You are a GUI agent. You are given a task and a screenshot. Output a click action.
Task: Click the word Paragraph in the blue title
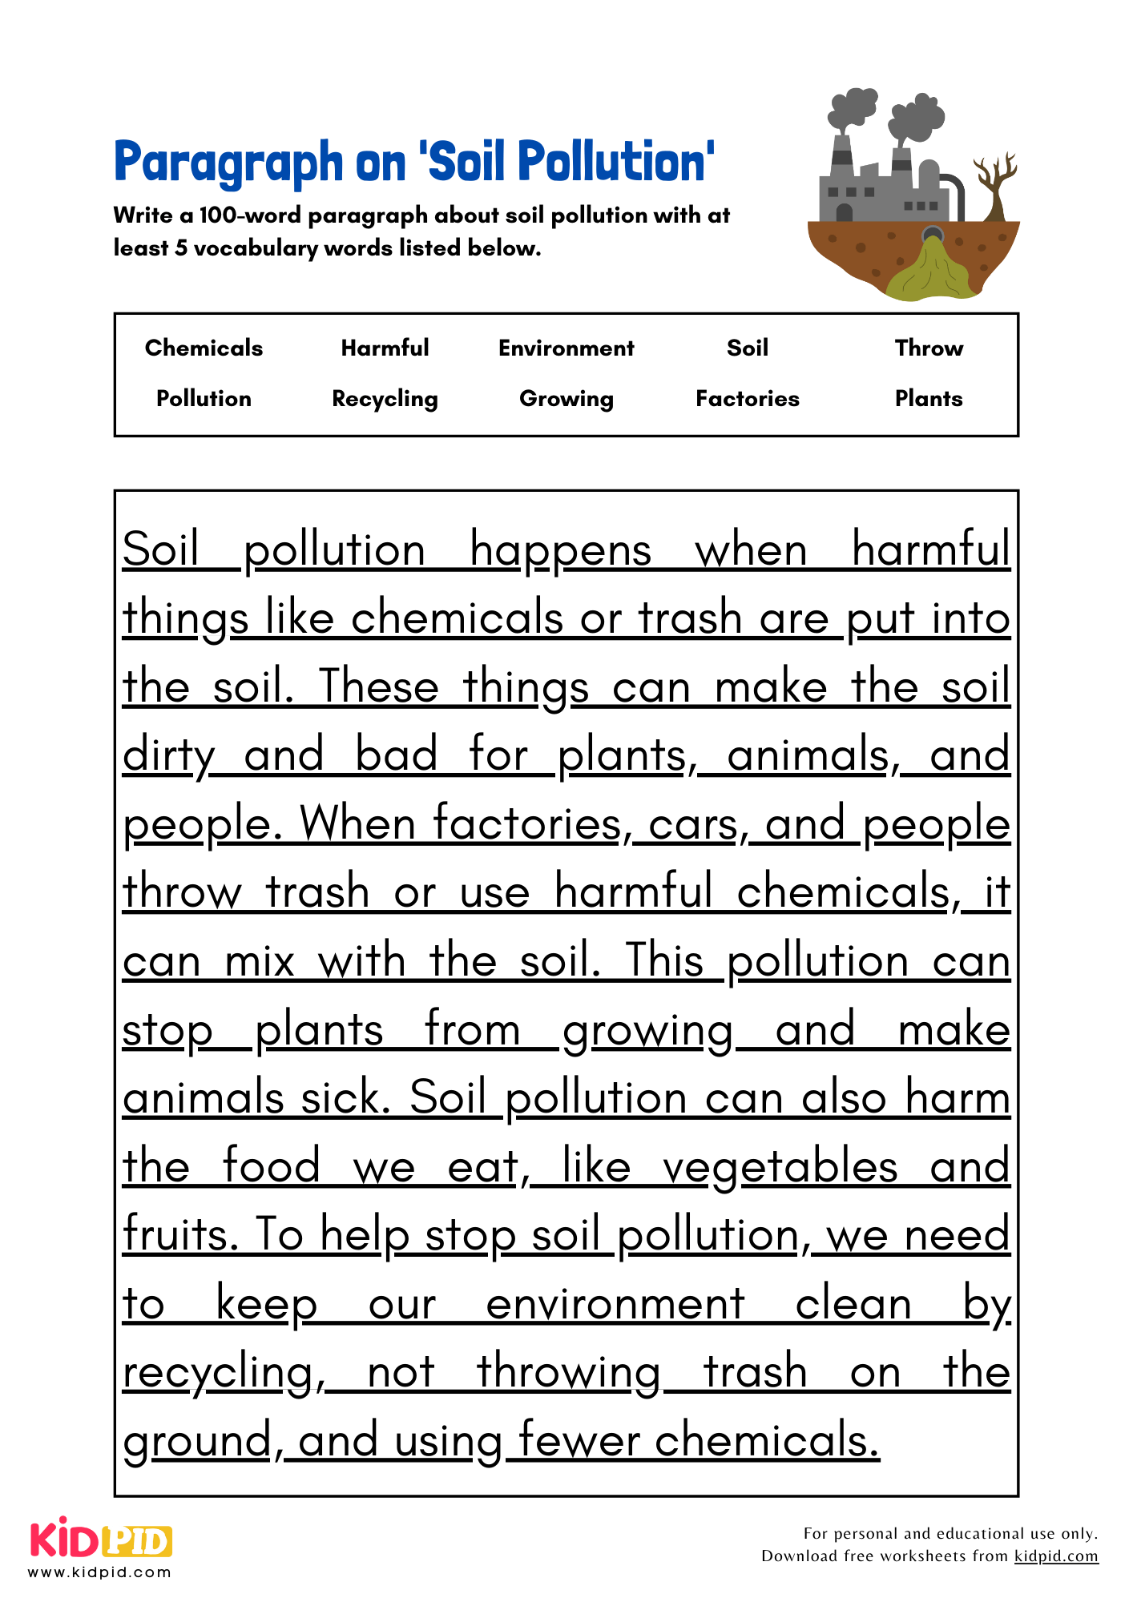[228, 163]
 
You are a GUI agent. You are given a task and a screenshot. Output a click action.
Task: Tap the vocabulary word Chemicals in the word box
[204, 348]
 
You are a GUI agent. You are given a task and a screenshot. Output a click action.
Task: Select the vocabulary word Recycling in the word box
[385, 399]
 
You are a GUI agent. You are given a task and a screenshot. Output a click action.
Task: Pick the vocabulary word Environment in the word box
[566, 348]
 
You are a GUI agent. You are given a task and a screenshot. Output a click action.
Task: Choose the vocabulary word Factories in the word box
[747, 399]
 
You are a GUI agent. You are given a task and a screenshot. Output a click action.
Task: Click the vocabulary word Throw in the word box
[929, 348]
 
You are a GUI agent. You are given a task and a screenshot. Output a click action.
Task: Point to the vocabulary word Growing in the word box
[566, 399]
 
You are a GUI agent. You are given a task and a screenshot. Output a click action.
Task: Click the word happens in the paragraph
[560, 551]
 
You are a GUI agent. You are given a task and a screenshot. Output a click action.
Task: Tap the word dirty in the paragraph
[168, 756]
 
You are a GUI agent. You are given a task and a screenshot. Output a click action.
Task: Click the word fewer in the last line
[578, 1441]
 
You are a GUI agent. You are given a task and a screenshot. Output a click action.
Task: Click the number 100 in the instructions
[216, 215]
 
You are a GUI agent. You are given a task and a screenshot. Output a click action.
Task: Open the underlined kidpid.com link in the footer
[1055, 1556]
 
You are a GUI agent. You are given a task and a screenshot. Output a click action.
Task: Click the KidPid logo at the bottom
[101, 1542]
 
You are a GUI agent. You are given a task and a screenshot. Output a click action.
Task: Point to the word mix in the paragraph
[260, 961]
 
